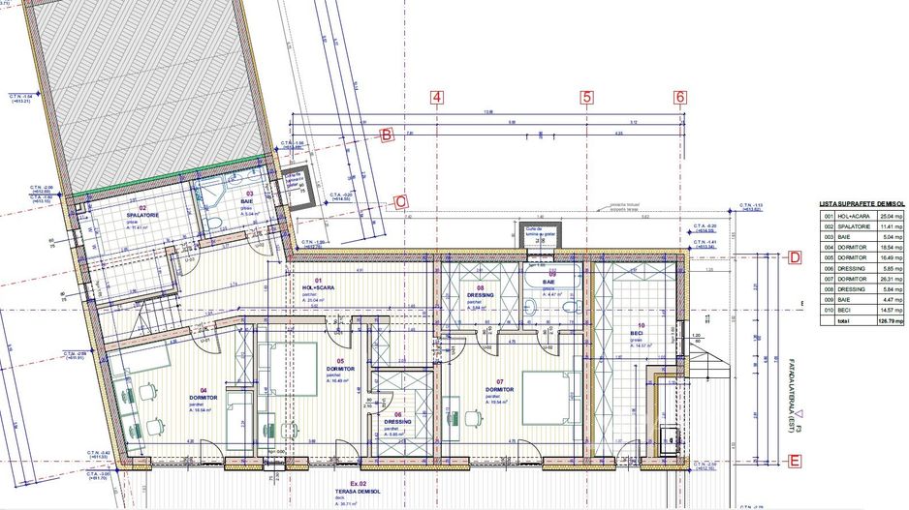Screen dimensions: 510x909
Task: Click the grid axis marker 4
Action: (437, 97)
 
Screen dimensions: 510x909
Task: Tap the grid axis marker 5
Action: (586, 97)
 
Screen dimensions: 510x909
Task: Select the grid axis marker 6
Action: (680, 97)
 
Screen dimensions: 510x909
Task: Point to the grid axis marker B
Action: (386, 135)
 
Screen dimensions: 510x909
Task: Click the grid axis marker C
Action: (399, 202)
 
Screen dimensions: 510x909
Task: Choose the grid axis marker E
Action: (794, 462)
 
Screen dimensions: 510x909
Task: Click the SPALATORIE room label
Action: (142, 215)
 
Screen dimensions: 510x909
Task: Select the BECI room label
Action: (641, 332)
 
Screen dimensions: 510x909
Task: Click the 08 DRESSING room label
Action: (480, 295)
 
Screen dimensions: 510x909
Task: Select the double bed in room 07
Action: (551, 396)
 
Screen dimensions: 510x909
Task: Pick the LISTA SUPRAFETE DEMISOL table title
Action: (861, 205)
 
